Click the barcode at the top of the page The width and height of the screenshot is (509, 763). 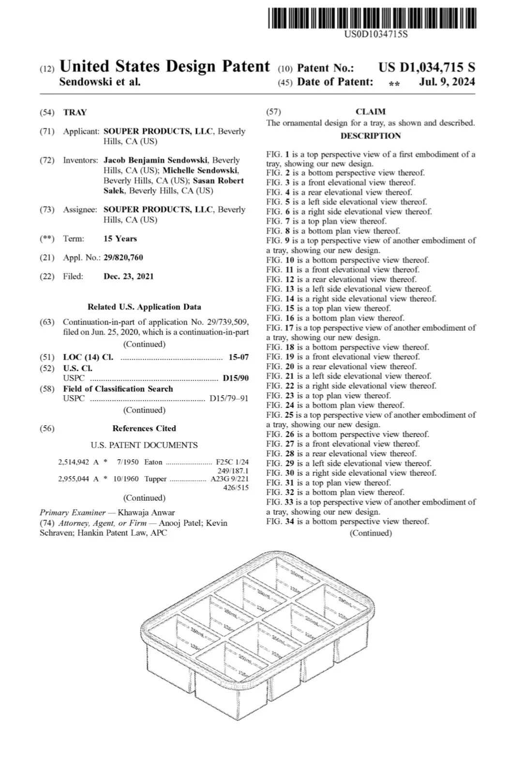371,18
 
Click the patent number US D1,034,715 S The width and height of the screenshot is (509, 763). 426,68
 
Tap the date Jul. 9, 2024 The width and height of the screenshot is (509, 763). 447,82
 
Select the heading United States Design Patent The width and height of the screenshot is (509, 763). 164,66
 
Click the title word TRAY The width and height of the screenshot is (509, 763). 75,112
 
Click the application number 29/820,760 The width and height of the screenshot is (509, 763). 123,257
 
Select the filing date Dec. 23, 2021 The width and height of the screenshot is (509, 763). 129,276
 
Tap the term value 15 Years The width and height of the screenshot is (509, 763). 120,239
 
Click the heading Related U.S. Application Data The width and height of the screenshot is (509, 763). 144,307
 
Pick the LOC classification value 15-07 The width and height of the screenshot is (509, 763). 239,357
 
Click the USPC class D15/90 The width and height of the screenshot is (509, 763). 236,378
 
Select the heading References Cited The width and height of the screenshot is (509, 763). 144,428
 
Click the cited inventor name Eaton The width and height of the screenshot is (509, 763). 153,462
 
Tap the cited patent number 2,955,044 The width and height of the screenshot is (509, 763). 74,479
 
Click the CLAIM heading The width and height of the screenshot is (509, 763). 371,112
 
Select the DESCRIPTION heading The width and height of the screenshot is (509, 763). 371,136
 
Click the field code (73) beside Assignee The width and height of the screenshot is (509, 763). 47,209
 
